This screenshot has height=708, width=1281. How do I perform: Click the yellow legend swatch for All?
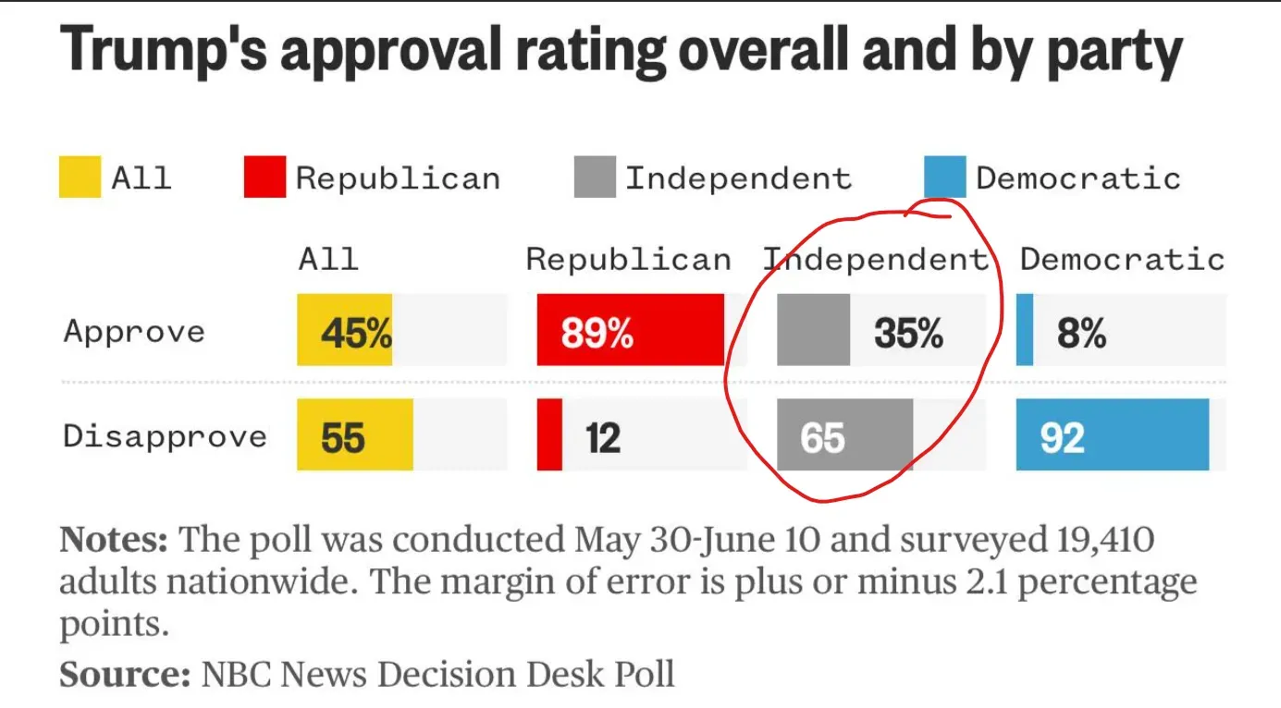(80, 177)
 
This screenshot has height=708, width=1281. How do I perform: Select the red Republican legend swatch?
(265, 177)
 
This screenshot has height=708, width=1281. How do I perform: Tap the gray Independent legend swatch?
(595, 177)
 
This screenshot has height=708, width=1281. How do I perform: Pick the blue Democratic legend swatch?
(944, 177)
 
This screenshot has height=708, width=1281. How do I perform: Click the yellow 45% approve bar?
(345, 331)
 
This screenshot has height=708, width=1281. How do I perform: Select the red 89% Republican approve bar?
(630, 331)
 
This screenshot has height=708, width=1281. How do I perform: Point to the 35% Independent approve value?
(908, 333)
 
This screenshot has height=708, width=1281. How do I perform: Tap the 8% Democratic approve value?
(1081, 333)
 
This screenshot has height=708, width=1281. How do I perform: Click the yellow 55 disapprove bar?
(354, 435)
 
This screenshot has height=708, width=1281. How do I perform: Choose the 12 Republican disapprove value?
(602, 436)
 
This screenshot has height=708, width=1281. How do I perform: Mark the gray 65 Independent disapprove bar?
(844, 435)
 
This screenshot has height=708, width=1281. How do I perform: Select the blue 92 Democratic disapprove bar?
(1112, 435)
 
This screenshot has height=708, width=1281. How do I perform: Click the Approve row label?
(134, 332)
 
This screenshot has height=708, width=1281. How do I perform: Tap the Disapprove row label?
(165, 436)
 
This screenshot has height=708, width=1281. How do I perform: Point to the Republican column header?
(628, 260)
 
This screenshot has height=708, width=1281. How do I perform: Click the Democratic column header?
(1122, 260)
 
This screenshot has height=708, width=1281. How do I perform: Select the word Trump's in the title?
(164, 52)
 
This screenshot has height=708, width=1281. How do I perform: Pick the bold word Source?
(124, 674)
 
